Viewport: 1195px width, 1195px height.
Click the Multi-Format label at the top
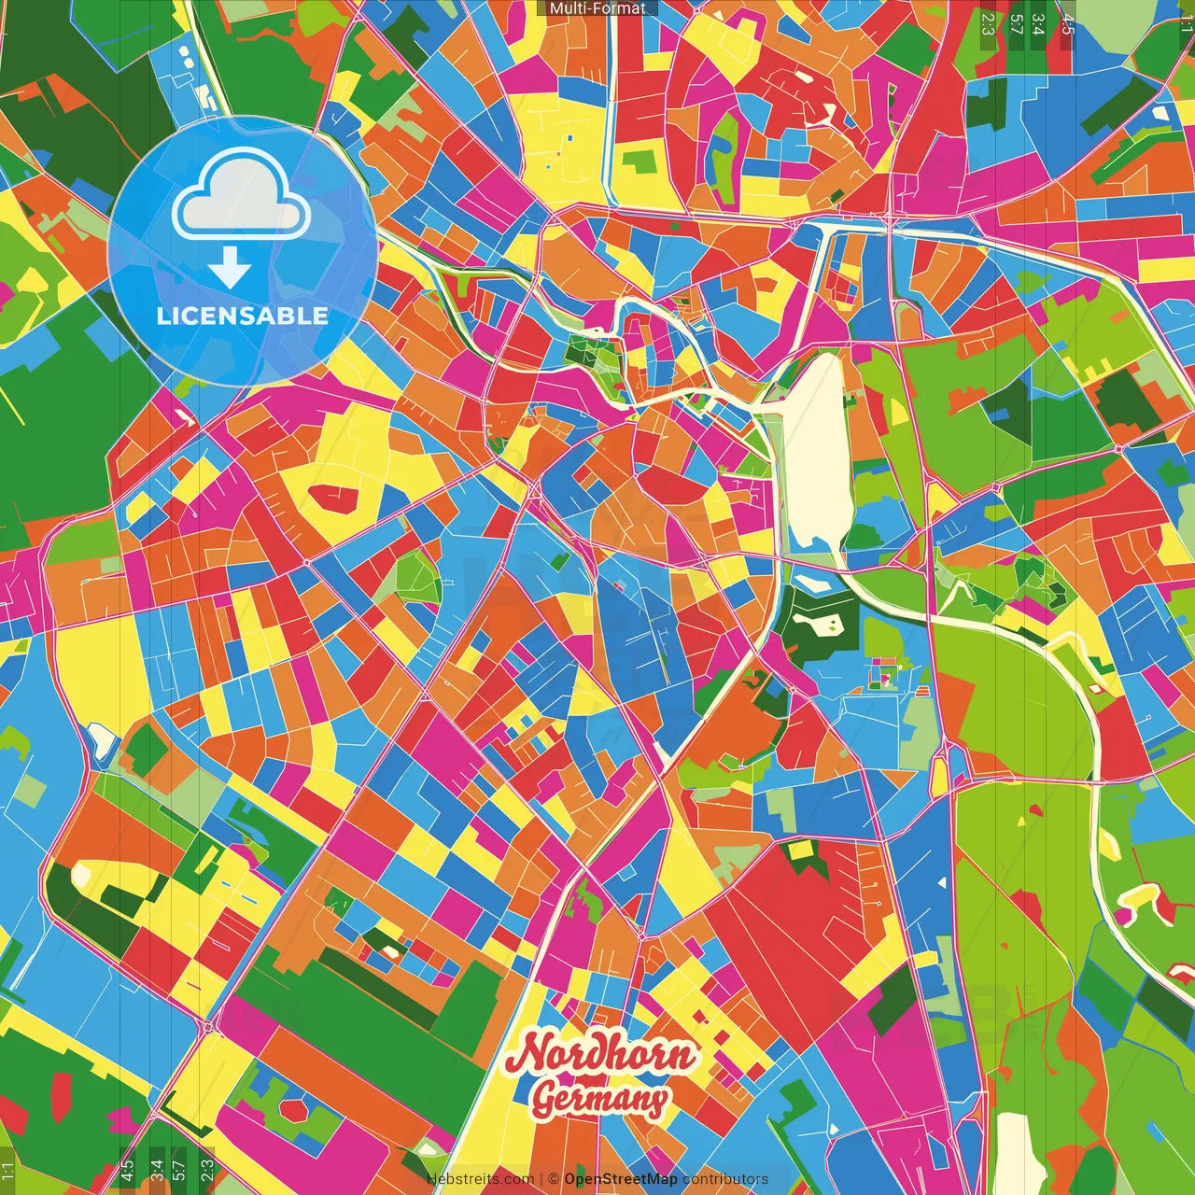point(597,8)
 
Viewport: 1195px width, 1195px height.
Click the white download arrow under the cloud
point(230,268)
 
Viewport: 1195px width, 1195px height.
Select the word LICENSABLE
point(243,316)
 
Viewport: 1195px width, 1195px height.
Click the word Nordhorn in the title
point(602,1054)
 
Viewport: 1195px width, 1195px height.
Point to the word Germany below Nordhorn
point(600,1100)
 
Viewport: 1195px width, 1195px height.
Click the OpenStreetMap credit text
point(620,1179)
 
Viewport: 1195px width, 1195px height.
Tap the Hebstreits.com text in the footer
point(480,1179)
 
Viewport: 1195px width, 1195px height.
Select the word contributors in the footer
point(724,1179)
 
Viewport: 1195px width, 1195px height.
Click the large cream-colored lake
point(814,448)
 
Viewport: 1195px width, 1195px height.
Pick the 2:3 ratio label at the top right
point(988,23)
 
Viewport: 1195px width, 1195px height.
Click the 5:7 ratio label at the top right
point(1018,23)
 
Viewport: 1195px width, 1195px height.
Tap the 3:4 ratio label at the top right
point(1039,23)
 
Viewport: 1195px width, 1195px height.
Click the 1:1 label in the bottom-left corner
point(8,1172)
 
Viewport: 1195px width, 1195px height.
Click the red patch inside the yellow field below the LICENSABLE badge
point(333,499)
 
